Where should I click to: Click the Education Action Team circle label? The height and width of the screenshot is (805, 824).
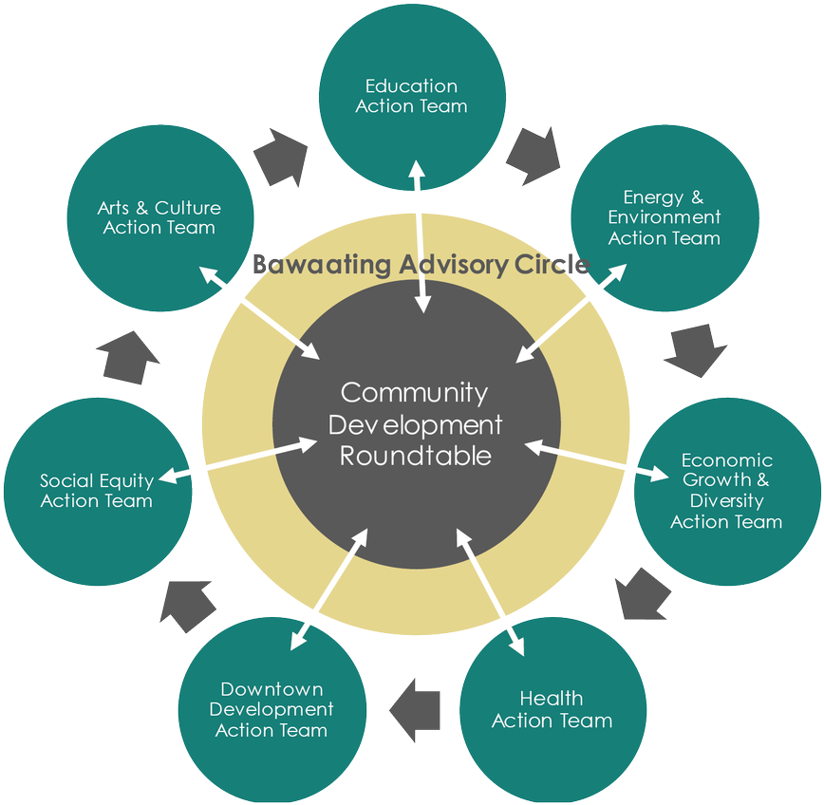point(411,97)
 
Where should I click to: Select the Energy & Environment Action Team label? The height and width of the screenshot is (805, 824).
point(665,218)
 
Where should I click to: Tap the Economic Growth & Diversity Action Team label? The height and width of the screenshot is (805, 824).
point(726,491)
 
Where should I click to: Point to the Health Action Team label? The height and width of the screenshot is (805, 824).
point(552,710)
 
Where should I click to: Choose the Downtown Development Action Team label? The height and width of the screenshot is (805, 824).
point(272,709)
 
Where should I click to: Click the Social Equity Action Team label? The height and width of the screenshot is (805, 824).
point(97,491)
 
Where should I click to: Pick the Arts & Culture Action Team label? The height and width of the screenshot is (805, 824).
point(159,217)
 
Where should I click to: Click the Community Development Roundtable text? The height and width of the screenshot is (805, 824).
point(416,423)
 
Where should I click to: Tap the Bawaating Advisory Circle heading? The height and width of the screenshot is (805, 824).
point(421,265)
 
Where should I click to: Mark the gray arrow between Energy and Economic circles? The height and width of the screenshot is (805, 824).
point(690,350)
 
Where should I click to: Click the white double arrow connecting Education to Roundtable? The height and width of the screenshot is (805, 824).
point(419,237)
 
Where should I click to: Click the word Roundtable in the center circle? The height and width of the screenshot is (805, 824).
point(416,456)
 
